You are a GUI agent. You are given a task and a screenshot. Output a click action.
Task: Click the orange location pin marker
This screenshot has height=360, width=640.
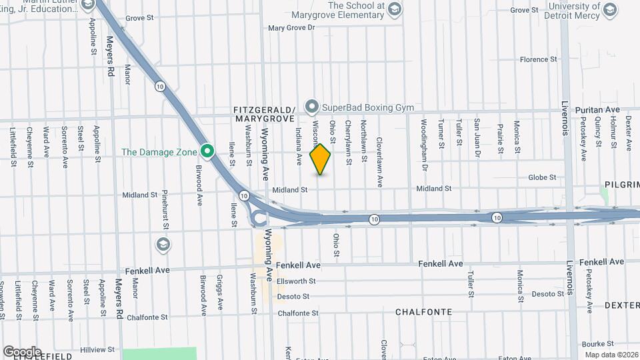[x=321, y=159]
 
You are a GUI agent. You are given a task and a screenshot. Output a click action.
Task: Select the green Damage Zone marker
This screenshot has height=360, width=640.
[x=207, y=152]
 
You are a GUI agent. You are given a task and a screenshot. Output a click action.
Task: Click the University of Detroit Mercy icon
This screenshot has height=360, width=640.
[x=610, y=9]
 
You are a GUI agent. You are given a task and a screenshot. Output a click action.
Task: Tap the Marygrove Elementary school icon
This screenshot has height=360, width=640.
[x=395, y=9]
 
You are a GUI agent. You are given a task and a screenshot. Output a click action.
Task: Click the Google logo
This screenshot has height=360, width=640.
[x=22, y=351]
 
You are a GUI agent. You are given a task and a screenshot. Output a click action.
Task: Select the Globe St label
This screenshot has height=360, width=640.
[x=542, y=177]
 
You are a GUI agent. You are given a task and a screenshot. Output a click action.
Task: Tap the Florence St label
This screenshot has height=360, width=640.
[x=538, y=59]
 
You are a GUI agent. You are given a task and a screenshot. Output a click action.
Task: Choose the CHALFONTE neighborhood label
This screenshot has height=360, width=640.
[x=423, y=312]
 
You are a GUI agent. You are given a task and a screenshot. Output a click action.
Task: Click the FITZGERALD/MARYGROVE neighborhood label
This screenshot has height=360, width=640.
[x=265, y=113]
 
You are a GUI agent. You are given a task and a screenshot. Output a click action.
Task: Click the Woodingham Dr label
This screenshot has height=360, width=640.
[x=423, y=134]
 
